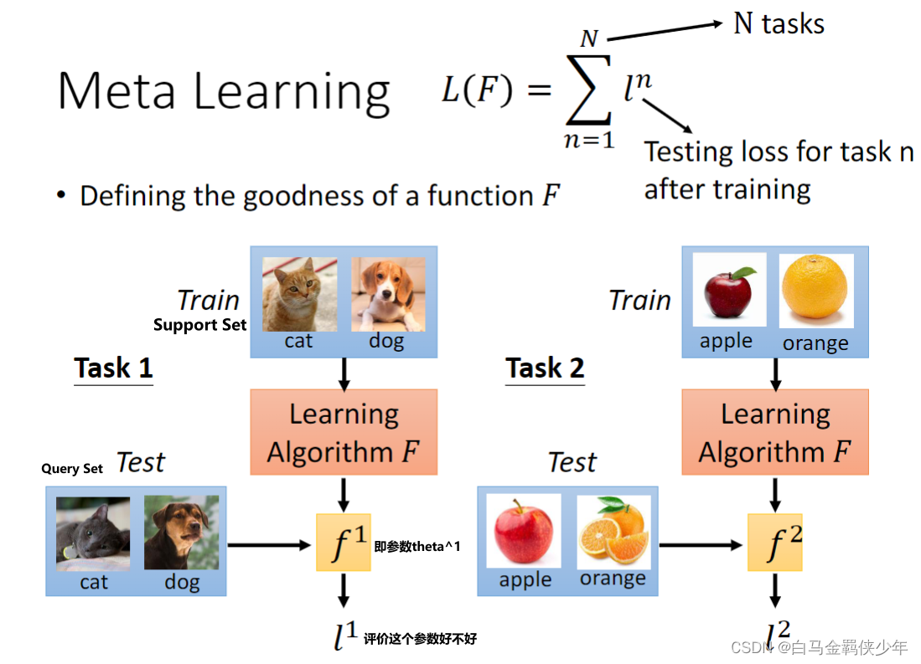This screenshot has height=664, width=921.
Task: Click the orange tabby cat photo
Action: click(x=299, y=294)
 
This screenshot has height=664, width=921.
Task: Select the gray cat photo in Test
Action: click(x=93, y=533)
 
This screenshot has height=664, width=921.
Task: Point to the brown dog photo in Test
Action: click(x=181, y=533)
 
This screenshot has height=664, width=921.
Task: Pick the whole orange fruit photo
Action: click(x=816, y=292)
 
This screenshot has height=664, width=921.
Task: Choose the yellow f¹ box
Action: click(x=344, y=543)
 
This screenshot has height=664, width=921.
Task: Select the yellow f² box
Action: click(x=775, y=543)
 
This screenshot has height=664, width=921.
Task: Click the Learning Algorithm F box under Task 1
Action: click(x=344, y=432)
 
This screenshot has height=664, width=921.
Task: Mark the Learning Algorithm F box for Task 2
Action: click(x=775, y=432)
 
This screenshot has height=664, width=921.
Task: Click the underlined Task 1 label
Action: click(x=113, y=368)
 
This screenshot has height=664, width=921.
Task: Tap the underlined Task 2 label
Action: click(x=545, y=368)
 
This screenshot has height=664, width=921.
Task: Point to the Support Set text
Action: click(x=199, y=325)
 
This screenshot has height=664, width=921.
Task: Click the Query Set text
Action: click(x=72, y=469)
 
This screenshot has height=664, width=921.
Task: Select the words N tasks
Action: click(x=779, y=23)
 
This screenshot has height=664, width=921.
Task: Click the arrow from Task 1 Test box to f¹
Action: click(x=269, y=545)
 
